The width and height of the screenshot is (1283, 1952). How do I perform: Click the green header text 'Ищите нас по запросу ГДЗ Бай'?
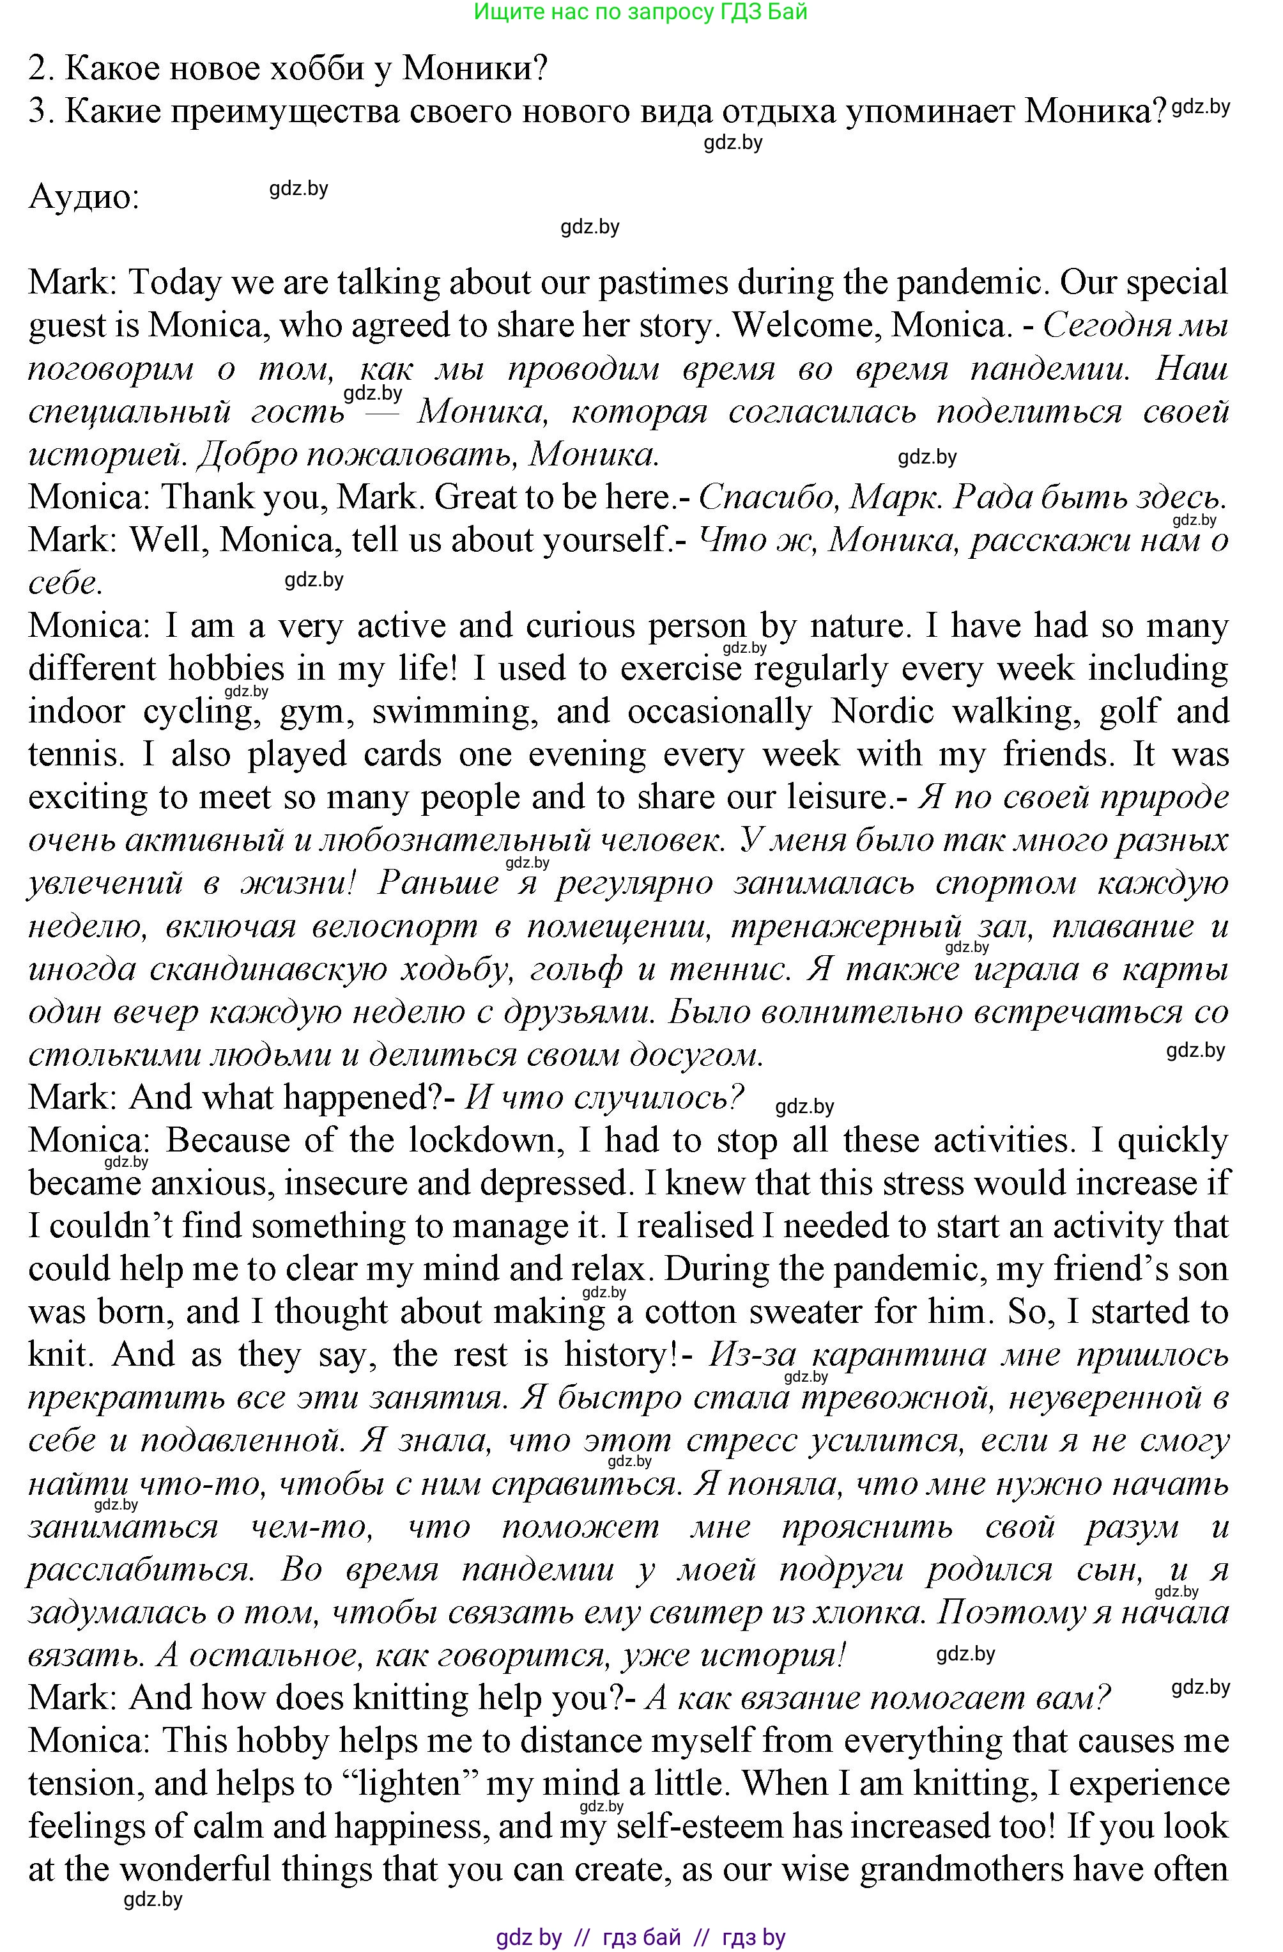tap(640, 12)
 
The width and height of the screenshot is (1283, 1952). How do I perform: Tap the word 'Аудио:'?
tap(84, 198)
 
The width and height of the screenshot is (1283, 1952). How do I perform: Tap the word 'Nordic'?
tap(882, 711)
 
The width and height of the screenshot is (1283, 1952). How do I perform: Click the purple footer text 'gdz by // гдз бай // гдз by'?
tap(640, 1937)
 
